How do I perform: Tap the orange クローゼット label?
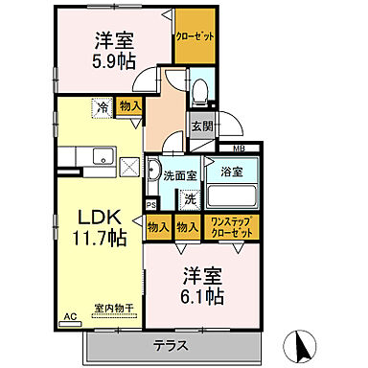[x=195, y=37]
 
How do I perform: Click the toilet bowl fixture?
[x=199, y=91]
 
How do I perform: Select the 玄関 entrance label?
[x=200, y=126]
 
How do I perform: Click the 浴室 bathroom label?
[x=232, y=172]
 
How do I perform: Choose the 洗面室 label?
[x=179, y=175]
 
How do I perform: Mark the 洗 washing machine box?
[x=190, y=200]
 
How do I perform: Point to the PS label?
[x=150, y=204]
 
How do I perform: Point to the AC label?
[x=69, y=315]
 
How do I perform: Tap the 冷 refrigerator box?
[x=103, y=108]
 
